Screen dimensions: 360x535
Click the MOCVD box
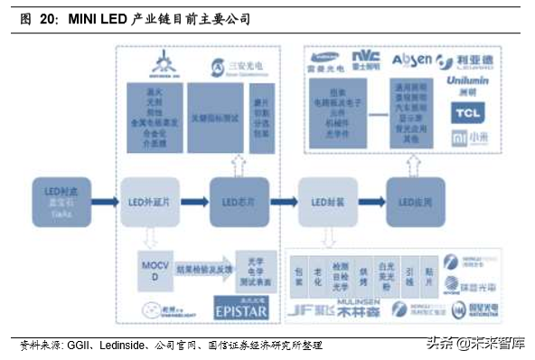pos(151,270)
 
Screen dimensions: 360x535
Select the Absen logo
pos(411,62)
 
